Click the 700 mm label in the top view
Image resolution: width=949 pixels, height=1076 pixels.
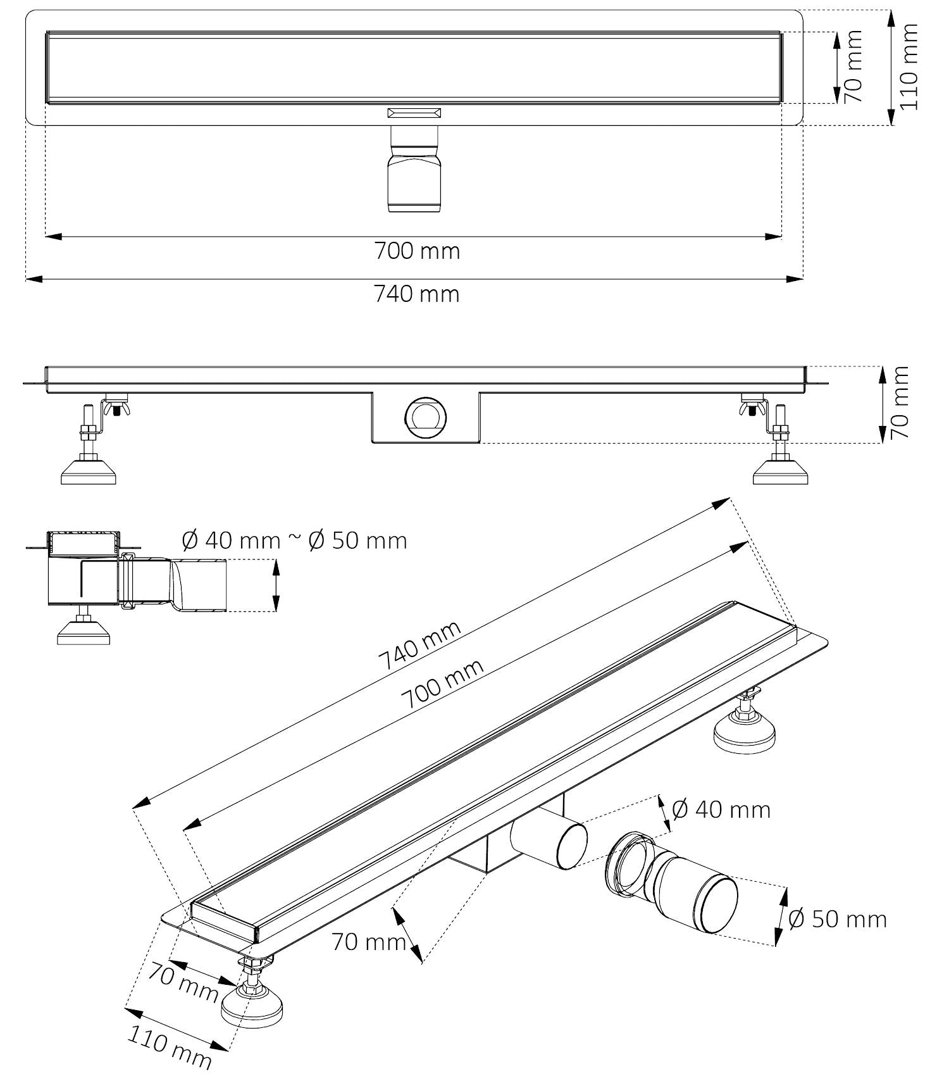[417, 251]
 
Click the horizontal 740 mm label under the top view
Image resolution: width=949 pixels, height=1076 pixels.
[416, 294]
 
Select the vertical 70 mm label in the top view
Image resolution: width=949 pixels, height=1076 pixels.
[853, 66]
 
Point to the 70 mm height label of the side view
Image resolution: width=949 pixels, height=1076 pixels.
[899, 403]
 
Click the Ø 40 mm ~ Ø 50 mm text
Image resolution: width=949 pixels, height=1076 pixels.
[294, 541]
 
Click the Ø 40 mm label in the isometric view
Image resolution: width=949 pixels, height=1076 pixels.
[721, 810]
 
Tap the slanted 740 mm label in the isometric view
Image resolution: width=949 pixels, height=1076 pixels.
[419, 646]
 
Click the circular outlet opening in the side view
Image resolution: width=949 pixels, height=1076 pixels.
[425, 418]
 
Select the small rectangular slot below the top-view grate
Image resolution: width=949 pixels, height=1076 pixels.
[414, 113]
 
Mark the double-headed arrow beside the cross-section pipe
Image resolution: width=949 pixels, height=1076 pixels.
[275, 585]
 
